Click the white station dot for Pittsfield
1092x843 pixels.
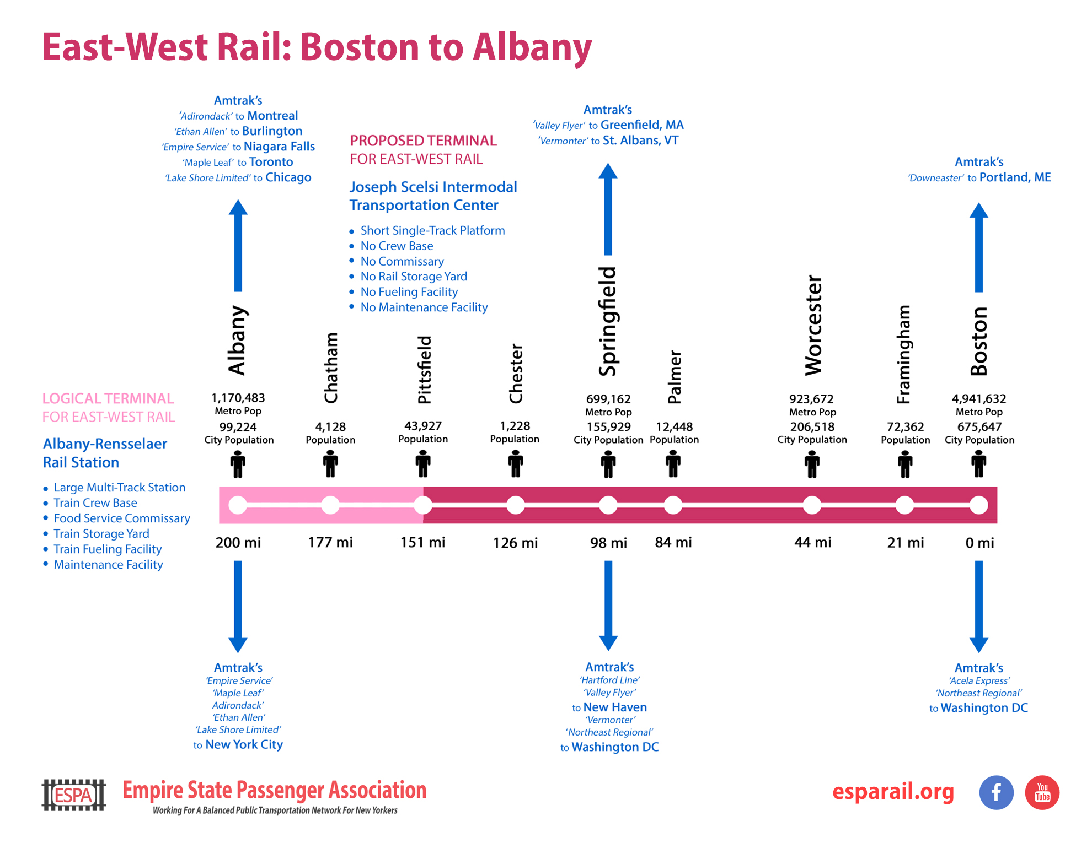[423, 505]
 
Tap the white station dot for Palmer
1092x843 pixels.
[673, 505]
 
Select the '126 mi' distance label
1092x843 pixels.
[515, 543]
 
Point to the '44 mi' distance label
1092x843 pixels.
[812, 543]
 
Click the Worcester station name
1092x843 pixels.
[813, 325]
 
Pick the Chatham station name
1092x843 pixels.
[331, 368]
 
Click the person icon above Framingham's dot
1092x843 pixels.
[905, 463]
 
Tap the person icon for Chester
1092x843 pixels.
[516, 463]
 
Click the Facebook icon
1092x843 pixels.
[996, 792]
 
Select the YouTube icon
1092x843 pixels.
[1042, 792]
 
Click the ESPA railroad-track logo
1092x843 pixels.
[74, 795]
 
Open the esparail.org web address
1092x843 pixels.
[893, 791]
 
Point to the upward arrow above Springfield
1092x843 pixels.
[608, 209]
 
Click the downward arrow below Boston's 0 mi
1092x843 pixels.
[978, 606]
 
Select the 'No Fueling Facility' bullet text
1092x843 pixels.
[409, 292]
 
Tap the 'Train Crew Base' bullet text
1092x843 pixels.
[95, 503]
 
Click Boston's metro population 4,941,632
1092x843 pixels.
[978, 398]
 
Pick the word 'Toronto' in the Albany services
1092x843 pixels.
[271, 162]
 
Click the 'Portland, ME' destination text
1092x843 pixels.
[1015, 177]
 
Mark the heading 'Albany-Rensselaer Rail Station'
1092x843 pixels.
[105, 453]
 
